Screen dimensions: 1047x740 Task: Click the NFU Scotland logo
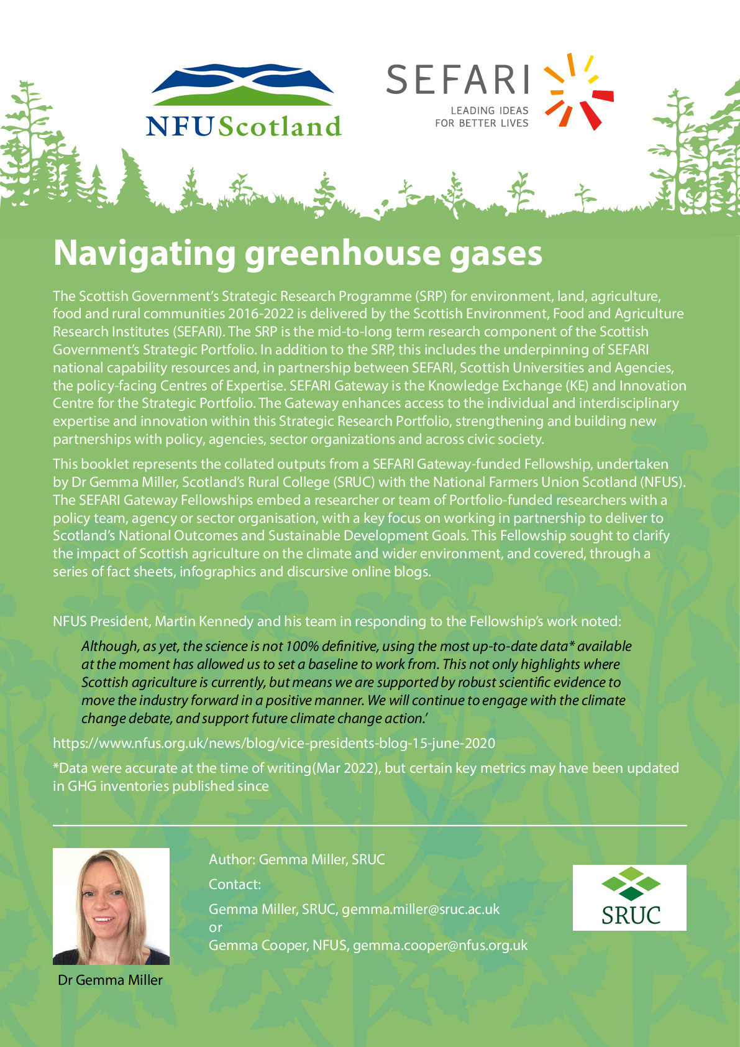tap(244, 99)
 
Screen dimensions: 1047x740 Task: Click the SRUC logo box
tap(629, 897)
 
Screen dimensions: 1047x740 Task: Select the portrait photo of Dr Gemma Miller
tap(111, 906)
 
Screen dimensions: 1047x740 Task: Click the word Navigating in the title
tap(144, 254)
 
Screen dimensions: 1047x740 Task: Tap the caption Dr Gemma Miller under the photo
tap(110, 980)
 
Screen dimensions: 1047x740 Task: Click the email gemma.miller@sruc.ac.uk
tap(421, 909)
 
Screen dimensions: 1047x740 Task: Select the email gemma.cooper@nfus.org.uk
tap(440, 945)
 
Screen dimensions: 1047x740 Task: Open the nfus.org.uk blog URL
tap(274, 743)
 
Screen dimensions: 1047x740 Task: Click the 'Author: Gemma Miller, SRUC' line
tap(296, 859)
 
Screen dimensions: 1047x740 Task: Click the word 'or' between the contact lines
tap(215, 927)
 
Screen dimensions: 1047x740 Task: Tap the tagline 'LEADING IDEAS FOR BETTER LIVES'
tap(482, 117)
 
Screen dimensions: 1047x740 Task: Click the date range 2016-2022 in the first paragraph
tap(261, 314)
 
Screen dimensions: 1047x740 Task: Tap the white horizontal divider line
tap(370, 825)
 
